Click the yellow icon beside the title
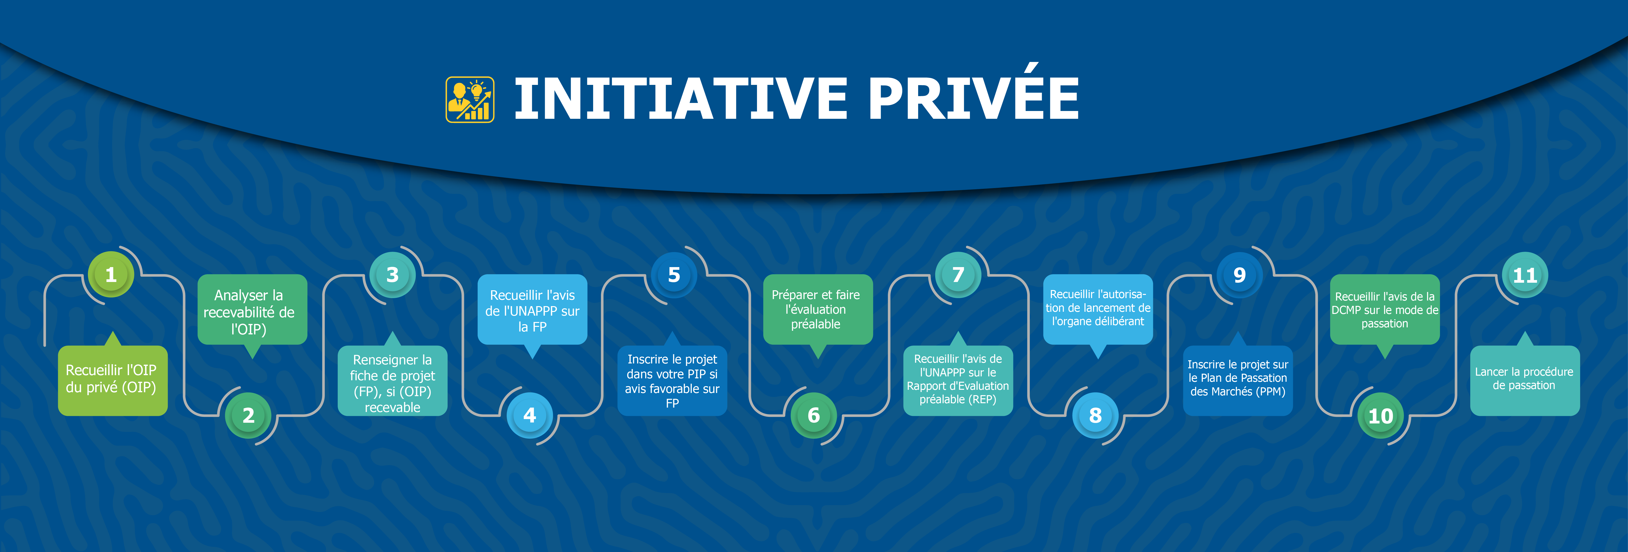click(470, 99)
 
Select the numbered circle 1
click(111, 275)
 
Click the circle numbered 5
click(674, 275)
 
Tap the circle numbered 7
click(958, 275)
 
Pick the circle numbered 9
click(1239, 275)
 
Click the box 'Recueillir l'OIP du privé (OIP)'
click(113, 380)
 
